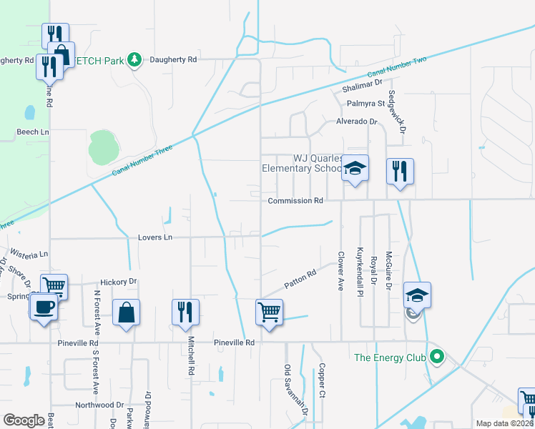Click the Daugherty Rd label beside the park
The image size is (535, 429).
[x=172, y=60]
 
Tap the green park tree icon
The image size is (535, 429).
[x=134, y=59]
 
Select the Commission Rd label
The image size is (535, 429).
[x=295, y=201]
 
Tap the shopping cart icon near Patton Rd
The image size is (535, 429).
[x=270, y=311]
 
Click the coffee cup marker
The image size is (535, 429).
[x=43, y=307]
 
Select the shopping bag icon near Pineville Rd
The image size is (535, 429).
[x=126, y=312]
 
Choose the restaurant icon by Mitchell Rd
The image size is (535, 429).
[x=185, y=312]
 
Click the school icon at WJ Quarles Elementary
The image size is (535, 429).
[x=355, y=168]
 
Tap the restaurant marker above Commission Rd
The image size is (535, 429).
[x=400, y=171]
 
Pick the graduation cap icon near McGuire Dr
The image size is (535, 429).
[x=418, y=294]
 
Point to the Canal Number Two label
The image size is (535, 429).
[x=397, y=67]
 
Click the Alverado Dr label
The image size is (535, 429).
[x=356, y=122]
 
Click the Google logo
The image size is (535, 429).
[x=24, y=420]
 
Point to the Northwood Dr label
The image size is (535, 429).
[x=99, y=405]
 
